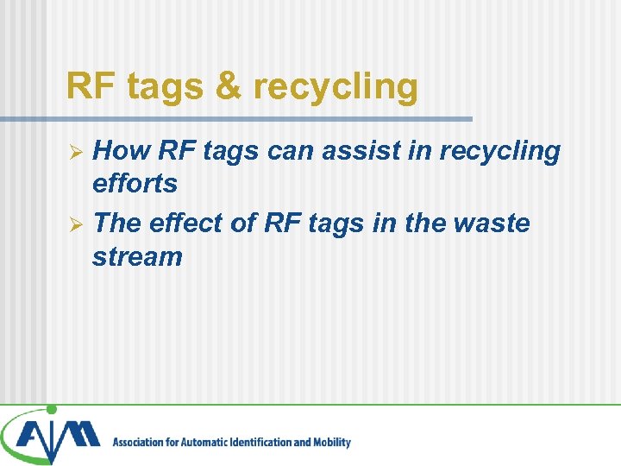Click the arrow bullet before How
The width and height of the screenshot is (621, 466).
point(76,153)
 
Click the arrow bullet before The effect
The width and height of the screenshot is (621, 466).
point(76,225)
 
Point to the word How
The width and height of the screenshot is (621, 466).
point(120,151)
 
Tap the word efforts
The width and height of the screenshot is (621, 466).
point(135,183)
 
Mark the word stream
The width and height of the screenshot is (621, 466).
point(137,256)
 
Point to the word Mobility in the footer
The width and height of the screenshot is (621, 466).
point(331,443)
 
